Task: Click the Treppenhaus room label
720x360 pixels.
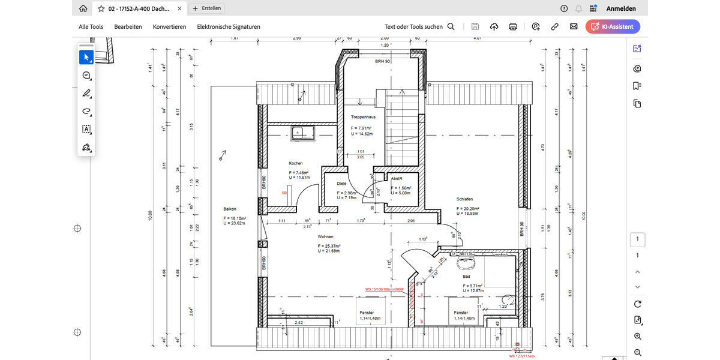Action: (363, 118)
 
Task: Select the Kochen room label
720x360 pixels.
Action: (295, 163)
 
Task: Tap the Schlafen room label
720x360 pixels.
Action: (464, 199)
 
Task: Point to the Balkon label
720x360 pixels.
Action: (230, 209)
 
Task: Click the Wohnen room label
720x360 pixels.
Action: (325, 237)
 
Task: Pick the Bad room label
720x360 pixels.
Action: (466, 277)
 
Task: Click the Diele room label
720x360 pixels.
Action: (341, 184)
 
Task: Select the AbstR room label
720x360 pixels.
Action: (396, 179)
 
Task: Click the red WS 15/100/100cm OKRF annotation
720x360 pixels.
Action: (385, 289)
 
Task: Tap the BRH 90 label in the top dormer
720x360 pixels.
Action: (383, 62)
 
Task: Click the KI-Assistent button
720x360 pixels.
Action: (613, 26)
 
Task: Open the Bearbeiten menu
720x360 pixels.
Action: (128, 27)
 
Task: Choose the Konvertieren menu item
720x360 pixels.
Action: (169, 27)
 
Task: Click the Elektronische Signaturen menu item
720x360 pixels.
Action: (229, 27)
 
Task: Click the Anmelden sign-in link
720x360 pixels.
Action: (621, 8)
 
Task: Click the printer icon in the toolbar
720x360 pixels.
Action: (513, 26)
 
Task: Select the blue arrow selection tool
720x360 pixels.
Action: (86, 57)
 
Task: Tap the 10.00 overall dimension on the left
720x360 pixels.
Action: (151, 215)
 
